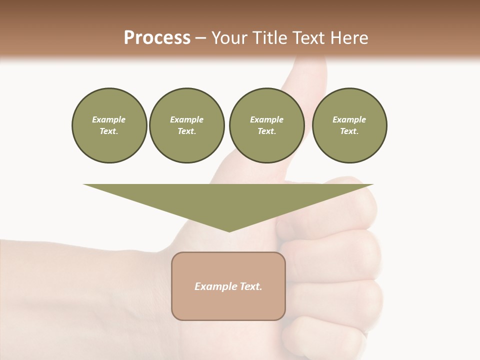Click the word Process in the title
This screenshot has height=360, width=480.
[x=157, y=38]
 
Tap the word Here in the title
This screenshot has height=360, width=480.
[x=349, y=38]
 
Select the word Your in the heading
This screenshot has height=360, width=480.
[x=230, y=38]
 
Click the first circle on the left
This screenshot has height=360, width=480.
[x=109, y=125]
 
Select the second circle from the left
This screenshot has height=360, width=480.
[x=186, y=125]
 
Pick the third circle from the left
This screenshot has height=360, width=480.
[x=266, y=125]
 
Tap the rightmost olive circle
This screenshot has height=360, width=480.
[x=349, y=125]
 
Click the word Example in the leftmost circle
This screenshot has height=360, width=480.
[x=109, y=119]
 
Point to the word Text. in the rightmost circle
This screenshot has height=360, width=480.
[x=349, y=131]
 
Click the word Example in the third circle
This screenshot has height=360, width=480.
[x=266, y=119]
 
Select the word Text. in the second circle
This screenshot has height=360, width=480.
[x=186, y=131]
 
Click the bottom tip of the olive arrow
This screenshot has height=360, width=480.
[x=229, y=230]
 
